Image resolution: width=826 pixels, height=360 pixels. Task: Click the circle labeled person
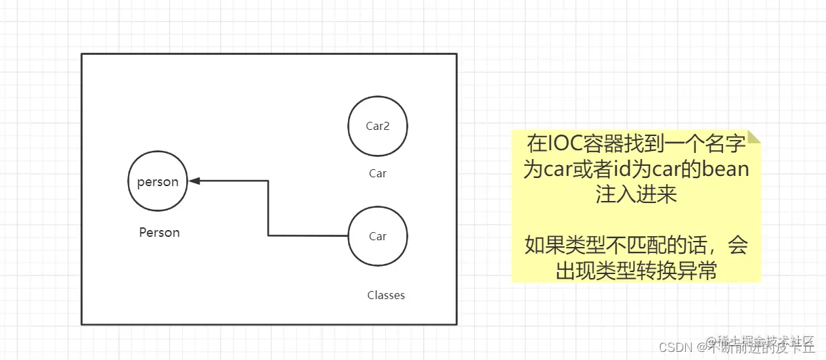click(158, 181)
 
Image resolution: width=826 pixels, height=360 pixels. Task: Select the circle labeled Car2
click(377, 125)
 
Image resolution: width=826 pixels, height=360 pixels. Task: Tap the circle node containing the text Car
click(377, 236)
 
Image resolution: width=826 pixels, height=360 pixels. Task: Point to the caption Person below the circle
click(159, 232)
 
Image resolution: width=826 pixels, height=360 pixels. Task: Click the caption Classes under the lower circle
click(386, 295)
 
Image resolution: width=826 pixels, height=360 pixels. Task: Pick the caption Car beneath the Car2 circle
click(377, 173)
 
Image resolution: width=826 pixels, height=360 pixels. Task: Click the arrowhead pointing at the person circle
click(195, 181)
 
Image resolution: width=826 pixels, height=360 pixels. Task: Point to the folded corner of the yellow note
click(753, 136)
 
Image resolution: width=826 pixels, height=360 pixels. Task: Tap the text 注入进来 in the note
click(636, 194)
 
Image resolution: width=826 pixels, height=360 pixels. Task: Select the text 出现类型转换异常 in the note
click(636, 271)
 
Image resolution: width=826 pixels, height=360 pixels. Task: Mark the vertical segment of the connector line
click(268, 208)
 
